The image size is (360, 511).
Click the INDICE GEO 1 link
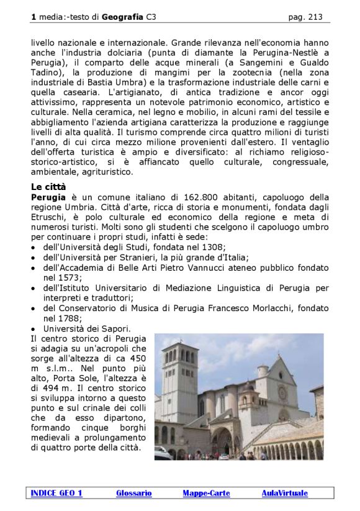(56, 493)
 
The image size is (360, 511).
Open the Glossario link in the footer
(133, 493)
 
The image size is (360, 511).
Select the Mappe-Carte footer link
(206, 493)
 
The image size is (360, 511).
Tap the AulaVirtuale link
(284, 493)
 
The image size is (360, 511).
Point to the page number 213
(315, 17)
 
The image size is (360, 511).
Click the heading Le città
(48, 186)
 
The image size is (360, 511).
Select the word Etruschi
(48, 217)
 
